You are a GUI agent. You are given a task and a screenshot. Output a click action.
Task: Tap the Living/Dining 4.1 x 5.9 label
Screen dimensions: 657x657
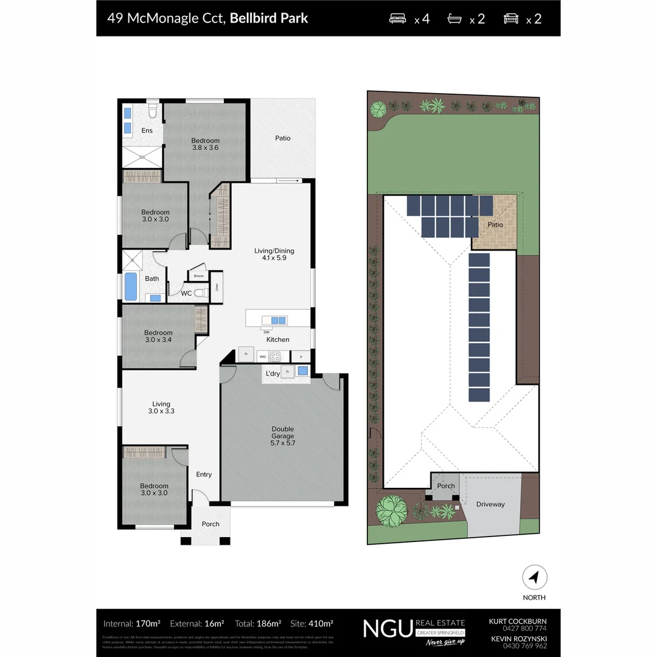[x=274, y=254]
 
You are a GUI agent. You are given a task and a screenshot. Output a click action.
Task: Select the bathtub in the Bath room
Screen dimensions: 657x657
[x=131, y=286]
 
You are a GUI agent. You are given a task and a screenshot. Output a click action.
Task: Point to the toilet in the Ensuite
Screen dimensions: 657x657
[x=153, y=111]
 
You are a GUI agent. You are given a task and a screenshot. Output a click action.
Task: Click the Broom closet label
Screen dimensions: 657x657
[x=198, y=276]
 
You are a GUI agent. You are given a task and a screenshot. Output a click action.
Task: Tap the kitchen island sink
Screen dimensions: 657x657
[x=277, y=320]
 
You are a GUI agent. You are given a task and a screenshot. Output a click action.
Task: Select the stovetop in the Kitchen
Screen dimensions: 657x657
[x=275, y=356]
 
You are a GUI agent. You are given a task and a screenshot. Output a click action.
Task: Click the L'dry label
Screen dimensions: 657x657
[x=273, y=374]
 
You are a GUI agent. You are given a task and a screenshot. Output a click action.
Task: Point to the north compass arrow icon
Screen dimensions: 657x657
[x=534, y=577]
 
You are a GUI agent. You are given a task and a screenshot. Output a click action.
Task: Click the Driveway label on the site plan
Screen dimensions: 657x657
[x=490, y=504]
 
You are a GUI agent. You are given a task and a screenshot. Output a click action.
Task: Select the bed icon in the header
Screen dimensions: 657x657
[x=399, y=18]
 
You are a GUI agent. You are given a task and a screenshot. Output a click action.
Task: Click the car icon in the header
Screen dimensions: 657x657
[x=511, y=18]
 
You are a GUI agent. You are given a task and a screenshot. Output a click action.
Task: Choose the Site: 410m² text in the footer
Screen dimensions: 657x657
[x=312, y=624]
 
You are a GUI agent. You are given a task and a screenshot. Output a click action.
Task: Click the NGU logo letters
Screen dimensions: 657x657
[x=387, y=628]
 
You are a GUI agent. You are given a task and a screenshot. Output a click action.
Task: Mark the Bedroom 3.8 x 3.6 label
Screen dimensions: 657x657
[x=206, y=144]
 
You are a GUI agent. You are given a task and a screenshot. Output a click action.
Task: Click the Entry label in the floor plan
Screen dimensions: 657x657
[x=204, y=474]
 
